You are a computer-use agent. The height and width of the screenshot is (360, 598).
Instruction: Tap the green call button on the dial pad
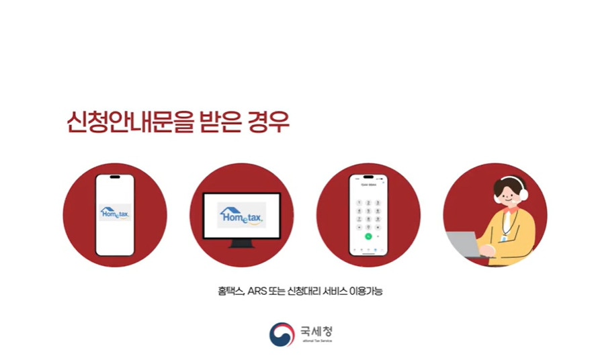click(368, 236)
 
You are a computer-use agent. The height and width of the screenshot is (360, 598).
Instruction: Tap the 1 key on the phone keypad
click(359, 201)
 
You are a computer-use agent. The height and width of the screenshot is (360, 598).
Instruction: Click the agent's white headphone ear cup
click(523, 195)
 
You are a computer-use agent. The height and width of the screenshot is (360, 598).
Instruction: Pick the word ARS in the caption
click(257, 291)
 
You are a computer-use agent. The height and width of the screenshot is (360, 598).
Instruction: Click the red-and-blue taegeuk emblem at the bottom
click(282, 334)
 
